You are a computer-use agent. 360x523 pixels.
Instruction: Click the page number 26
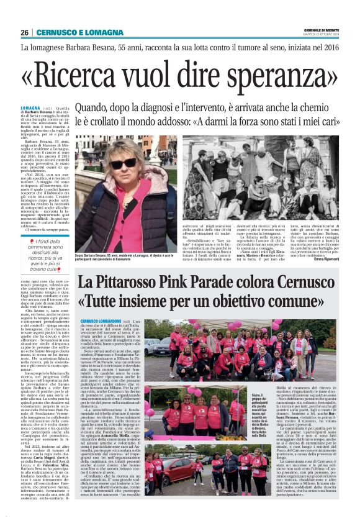point(25,32)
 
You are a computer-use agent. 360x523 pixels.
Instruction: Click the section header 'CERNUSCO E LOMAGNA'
point(71,32)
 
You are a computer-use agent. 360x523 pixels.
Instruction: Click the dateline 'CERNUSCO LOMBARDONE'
point(101,322)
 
